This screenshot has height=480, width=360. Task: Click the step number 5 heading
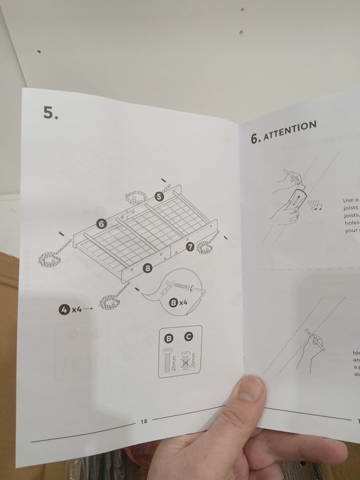(50, 113)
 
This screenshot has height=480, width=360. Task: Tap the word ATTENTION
(290, 131)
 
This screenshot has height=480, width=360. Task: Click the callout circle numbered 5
(159, 196)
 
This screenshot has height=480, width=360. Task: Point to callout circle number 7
(190, 246)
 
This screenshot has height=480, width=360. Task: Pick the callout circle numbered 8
(147, 268)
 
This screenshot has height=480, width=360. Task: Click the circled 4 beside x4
(64, 309)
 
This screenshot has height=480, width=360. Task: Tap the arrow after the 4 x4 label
(88, 309)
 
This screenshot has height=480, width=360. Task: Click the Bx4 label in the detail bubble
(176, 302)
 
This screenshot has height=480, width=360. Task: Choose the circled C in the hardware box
(188, 337)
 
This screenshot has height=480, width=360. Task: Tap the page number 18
(144, 421)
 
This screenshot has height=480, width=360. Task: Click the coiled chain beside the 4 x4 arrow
(109, 301)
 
